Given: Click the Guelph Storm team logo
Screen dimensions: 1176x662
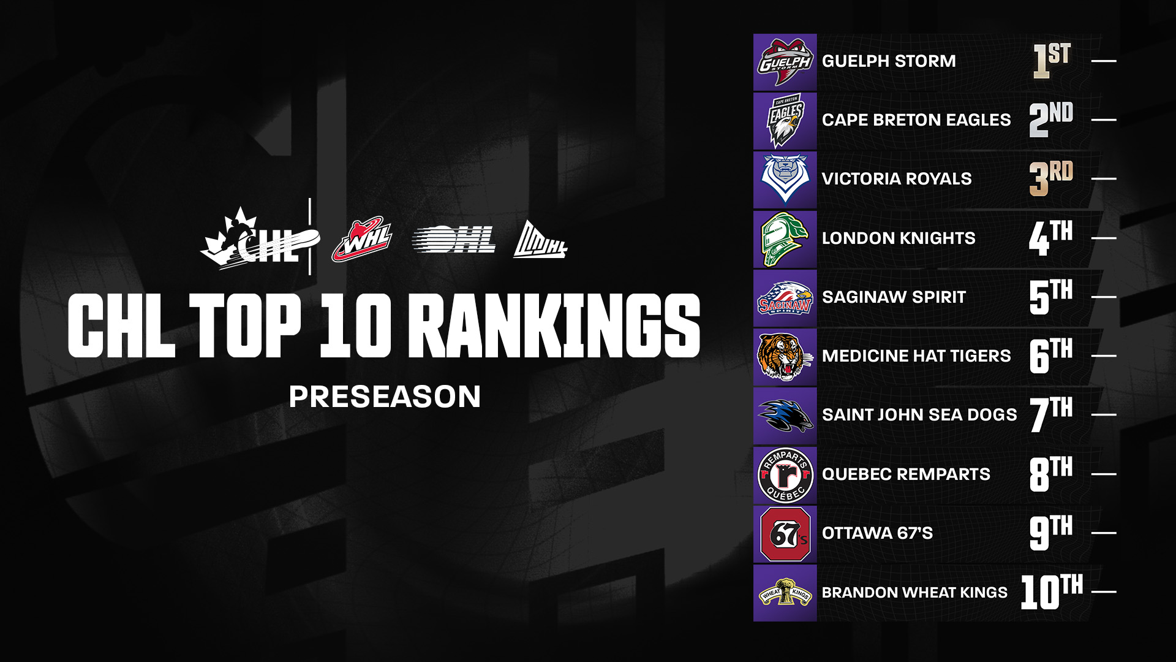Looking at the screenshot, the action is (785, 63).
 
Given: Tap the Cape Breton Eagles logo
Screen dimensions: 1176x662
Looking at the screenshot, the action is (785, 121).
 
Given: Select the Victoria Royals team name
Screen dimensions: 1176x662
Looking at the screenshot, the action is (897, 179).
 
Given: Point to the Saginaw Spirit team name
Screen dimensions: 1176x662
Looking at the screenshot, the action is (894, 297).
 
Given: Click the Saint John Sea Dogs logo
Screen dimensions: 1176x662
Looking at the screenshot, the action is (785, 416).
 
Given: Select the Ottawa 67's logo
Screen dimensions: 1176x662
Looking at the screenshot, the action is (785, 534).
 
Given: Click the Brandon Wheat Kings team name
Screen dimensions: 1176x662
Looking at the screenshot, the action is (914, 593).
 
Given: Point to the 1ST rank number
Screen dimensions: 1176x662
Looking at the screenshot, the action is (1052, 61).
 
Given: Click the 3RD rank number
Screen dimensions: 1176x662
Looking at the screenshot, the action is (1051, 178).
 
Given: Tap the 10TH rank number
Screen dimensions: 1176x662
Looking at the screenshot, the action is (1052, 592).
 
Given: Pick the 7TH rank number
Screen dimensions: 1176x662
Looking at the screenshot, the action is (1052, 414).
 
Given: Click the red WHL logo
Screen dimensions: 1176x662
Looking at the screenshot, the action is (362, 240).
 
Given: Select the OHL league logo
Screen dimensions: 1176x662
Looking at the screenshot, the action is (454, 240).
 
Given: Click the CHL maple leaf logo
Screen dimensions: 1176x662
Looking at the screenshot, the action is (260, 239).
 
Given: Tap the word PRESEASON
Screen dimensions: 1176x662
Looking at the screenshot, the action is (385, 397).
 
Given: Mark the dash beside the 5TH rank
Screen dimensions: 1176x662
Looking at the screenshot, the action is (1104, 297).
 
